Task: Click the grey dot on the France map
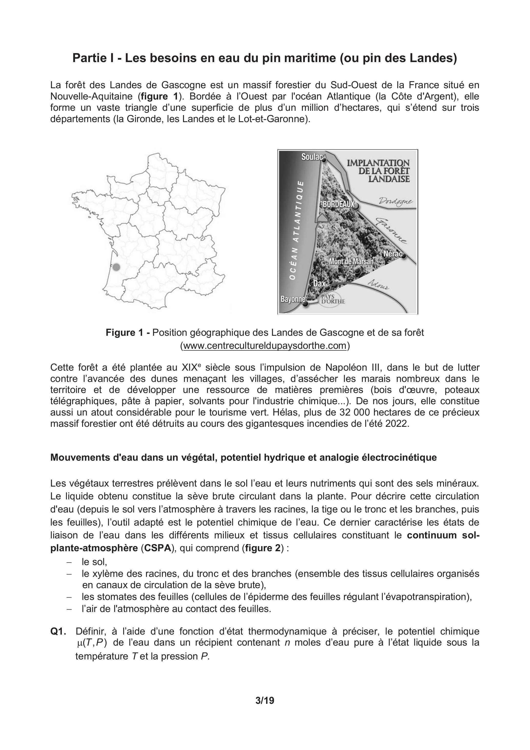tap(116, 267)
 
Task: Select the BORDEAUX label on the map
tap(339, 204)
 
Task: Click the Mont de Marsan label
tap(351, 262)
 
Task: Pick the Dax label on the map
tap(319, 283)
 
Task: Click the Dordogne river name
tap(395, 201)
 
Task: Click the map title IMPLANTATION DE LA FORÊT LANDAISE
tap(378, 171)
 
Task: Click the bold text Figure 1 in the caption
tap(128, 332)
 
